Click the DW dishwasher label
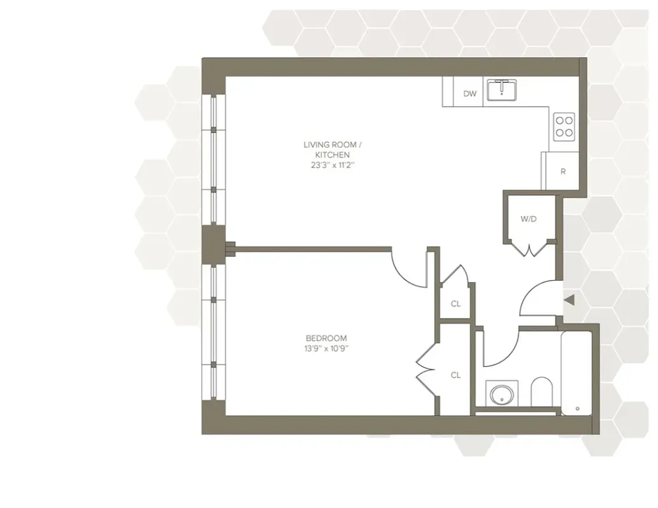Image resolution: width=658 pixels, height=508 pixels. [x=469, y=94]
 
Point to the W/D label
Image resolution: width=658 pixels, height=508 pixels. [x=528, y=219]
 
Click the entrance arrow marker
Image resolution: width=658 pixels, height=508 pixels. [x=569, y=300]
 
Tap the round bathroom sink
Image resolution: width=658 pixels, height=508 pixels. [x=502, y=393]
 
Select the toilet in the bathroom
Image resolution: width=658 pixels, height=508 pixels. [x=541, y=392]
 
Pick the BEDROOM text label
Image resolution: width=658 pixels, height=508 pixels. [x=326, y=338]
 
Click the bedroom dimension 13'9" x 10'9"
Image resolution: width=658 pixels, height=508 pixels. [x=326, y=348]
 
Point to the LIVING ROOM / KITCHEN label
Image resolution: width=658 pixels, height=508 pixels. [x=326, y=150]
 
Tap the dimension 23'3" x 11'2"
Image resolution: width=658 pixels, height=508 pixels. [x=326, y=165]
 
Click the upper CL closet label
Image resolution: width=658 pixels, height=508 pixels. [x=455, y=304]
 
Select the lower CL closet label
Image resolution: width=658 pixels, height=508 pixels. [x=455, y=375]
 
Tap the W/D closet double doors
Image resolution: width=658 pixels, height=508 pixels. [x=529, y=250]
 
